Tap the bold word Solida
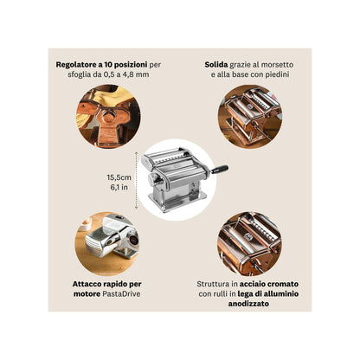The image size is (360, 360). [216, 64]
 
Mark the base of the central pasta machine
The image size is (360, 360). [180, 202]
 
